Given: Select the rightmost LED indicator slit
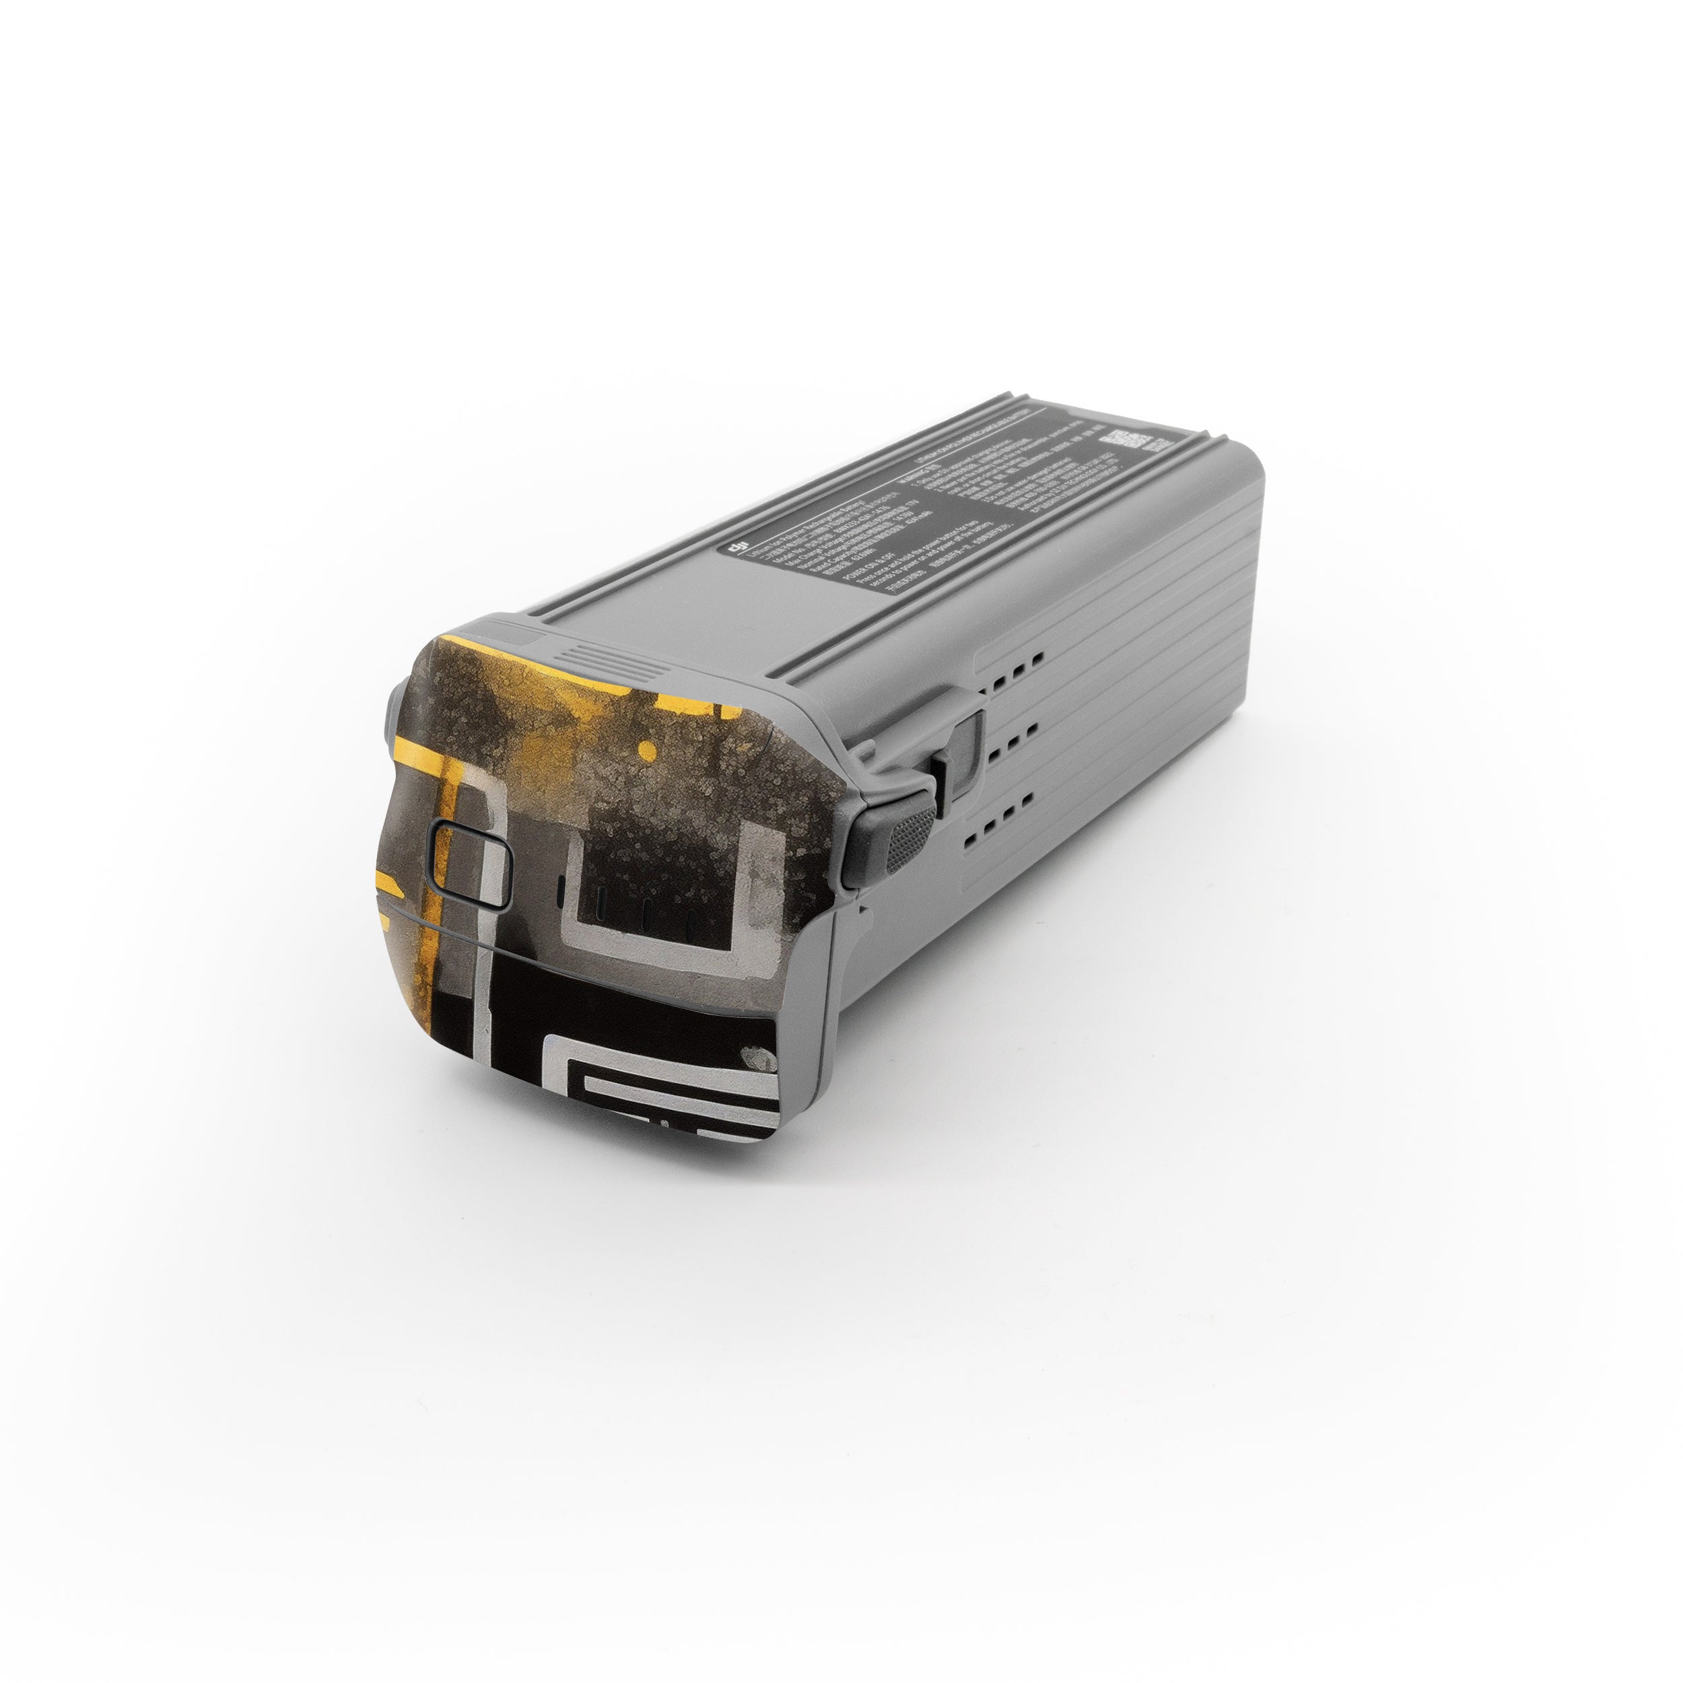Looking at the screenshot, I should tap(690, 926).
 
